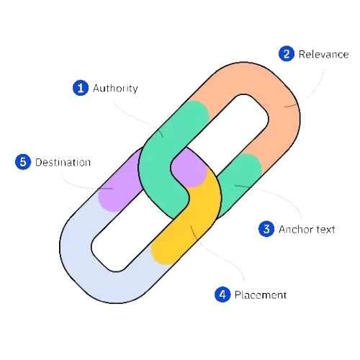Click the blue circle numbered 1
(x=80, y=88)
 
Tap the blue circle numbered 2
(x=286, y=53)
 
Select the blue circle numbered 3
(x=266, y=229)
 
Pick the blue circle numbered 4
(x=222, y=294)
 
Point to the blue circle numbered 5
(x=23, y=162)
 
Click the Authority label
(x=114, y=88)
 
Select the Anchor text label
(x=306, y=229)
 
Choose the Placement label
(x=260, y=294)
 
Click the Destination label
(x=63, y=162)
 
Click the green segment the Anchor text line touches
(x=241, y=180)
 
